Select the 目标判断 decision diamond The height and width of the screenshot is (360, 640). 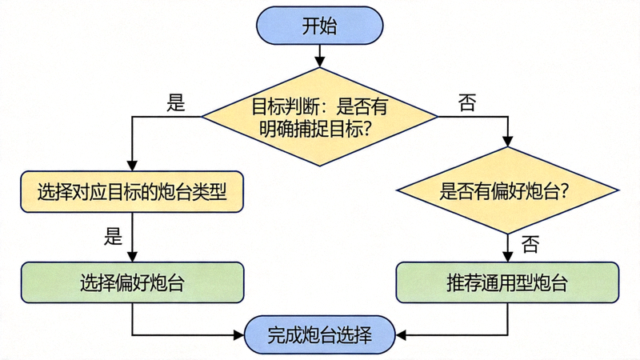pyautogui.click(x=319, y=117)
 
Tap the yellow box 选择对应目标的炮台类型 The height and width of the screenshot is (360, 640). pyautogui.click(x=131, y=192)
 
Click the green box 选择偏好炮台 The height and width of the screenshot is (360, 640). pyautogui.click(x=131, y=282)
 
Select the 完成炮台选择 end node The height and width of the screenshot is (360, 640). pyautogui.click(x=319, y=334)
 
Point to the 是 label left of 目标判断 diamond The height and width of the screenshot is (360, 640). pyautogui.click(x=175, y=102)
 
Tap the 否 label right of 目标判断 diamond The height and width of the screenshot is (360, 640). pyautogui.click(x=466, y=102)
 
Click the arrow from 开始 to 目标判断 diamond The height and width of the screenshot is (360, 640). pyautogui.click(x=319, y=55)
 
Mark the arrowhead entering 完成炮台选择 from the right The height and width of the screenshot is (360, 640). pyautogui.click(x=401, y=334)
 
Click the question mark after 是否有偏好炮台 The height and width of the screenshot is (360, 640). pyautogui.click(x=566, y=192)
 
